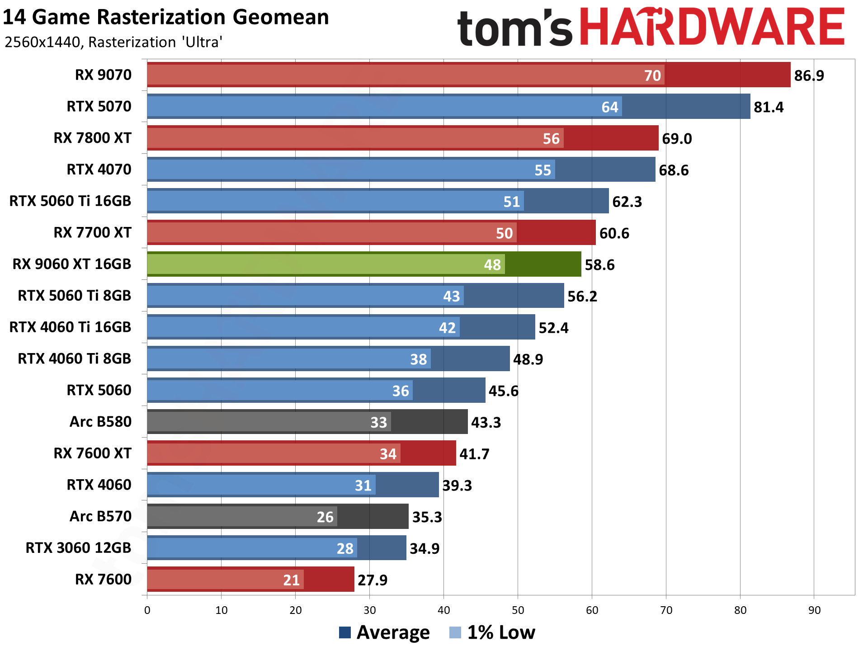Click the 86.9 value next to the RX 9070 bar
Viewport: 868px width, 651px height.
(x=809, y=75)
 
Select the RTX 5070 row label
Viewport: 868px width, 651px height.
(x=99, y=107)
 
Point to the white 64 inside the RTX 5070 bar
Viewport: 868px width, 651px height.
(x=609, y=107)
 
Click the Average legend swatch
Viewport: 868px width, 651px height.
(x=345, y=632)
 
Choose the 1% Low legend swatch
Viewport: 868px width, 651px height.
(x=455, y=632)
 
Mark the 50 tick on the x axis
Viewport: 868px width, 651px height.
(x=518, y=610)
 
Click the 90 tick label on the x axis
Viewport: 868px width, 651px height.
(x=814, y=610)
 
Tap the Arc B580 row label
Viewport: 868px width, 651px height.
(x=100, y=422)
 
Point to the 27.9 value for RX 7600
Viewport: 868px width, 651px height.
(x=372, y=580)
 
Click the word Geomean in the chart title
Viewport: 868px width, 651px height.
(x=280, y=18)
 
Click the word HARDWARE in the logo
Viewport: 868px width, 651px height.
(x=712, y=28)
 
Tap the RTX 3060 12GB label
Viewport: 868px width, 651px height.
(x=78, y=548)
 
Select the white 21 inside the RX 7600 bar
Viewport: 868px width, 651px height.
(x=291, y=580)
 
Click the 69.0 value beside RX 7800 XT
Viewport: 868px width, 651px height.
(x=677, y=139)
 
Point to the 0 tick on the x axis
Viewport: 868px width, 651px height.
(x=147, y=610)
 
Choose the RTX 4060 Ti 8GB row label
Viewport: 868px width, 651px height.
(x=74, y=359)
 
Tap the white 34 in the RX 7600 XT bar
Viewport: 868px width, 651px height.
(x=388, y=454)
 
